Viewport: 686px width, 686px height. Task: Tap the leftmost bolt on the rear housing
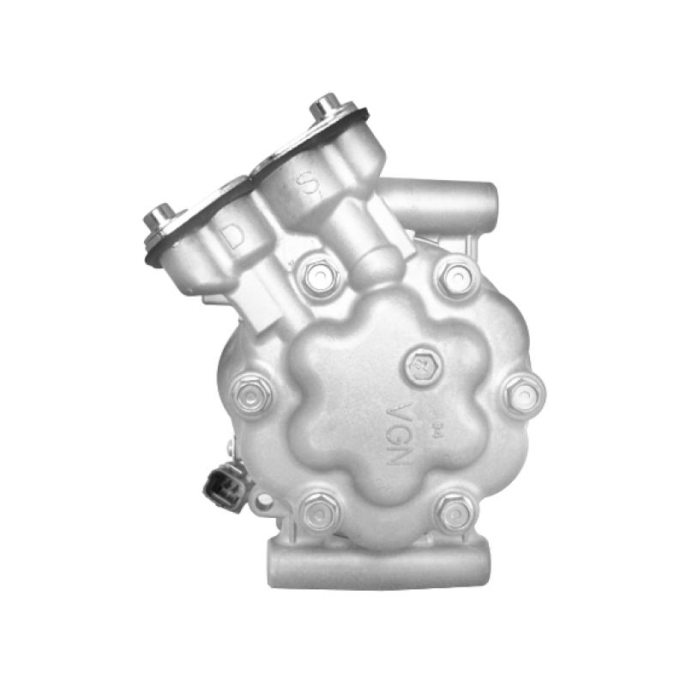[x=253, y=394]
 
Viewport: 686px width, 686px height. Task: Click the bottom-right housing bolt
[x=454, y=512]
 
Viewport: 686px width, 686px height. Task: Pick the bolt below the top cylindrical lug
[x=455, y=276]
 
